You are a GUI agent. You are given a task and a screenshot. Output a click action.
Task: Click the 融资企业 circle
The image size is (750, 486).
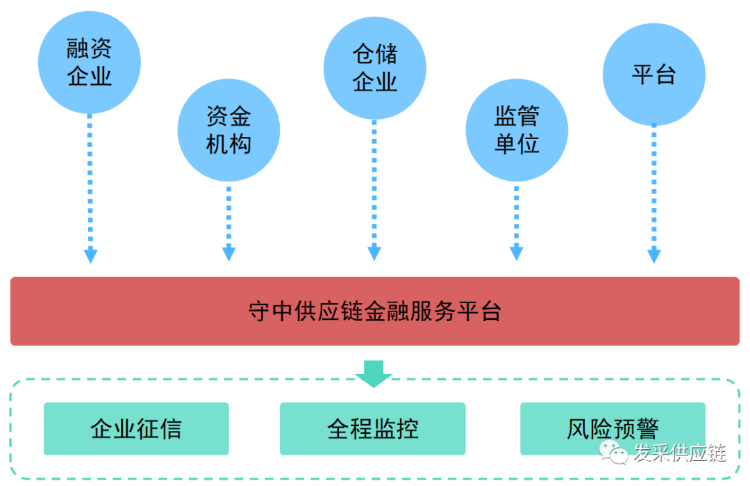(x=90, y=62)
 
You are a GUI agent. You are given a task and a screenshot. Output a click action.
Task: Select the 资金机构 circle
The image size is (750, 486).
(x=228, y=130)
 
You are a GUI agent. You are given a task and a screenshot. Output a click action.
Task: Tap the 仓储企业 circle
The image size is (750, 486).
(x=374, y=67)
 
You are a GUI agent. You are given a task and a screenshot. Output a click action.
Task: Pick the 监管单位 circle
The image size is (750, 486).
(x=517, y=130)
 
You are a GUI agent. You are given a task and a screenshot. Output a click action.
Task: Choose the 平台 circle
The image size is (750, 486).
(x=653, y=74)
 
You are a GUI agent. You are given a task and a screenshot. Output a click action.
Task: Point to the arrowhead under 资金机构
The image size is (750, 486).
(x=228, y=254)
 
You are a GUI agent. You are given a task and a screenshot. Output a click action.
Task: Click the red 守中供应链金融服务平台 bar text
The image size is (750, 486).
(x=374, y=311)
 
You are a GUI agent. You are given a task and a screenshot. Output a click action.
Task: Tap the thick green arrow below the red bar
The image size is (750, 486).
(x=374, y=373)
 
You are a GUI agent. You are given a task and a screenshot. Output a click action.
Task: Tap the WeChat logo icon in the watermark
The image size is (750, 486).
(x=615, y=453)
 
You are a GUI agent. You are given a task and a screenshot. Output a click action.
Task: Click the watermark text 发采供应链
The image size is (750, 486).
(x=679, y=454)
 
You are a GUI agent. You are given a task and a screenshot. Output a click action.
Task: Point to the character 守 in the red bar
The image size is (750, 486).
(x=259, y=311)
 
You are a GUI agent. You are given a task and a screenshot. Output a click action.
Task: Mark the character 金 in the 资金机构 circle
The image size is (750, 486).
(x=240, y=116)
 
